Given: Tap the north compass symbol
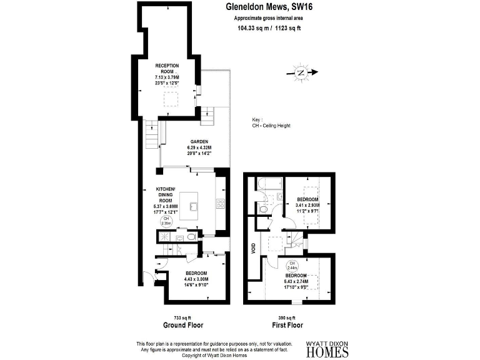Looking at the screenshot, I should pos(301,72).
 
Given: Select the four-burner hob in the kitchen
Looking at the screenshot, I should pos(220,202).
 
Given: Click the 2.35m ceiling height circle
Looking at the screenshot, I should pos(166,221).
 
